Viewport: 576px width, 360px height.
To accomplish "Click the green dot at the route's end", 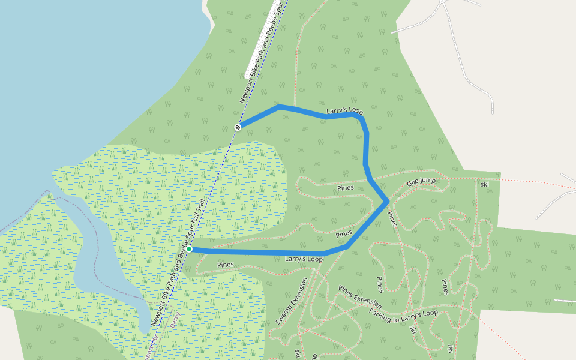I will coord(189,248).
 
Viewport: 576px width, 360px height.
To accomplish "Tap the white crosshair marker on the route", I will coord(238,127).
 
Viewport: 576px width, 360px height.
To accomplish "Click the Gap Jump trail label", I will coord(421,182).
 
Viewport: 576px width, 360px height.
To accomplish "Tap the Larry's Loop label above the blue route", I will coord(345,112).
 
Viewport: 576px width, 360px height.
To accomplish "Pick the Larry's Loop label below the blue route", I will coord(304,259).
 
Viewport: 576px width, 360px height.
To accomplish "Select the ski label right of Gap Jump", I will coord(485,184).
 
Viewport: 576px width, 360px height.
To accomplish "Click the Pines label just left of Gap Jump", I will coord(346,188).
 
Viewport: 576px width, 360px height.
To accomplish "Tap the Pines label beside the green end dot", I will coord(225,265).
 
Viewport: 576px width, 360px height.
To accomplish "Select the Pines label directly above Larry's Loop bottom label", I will coord(343,233).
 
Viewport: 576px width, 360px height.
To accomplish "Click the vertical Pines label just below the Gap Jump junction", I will coord(391,219).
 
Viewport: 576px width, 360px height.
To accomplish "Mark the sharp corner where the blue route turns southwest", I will coord(388,201).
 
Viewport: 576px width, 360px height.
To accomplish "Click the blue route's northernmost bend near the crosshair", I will coord(279,106).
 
